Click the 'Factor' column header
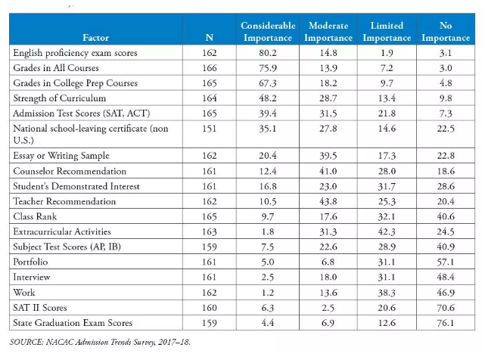[95, 38]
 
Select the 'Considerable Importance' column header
[268, 32]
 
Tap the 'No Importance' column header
[446, 32]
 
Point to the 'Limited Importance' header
[387, 32]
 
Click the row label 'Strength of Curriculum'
[59, 98]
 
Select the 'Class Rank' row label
[35, 216]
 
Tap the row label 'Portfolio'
[30, 262]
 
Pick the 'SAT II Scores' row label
[40, 308]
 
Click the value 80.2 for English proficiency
[268, 53]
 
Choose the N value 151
[210, 129]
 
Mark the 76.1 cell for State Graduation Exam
[446, 323]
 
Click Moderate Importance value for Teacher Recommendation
[328, 201]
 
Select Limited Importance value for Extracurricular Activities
[387, 231]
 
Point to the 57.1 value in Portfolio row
[446, 262]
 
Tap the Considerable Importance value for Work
[268, 293]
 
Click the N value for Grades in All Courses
[210, 68]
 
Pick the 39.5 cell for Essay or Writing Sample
[328, 156]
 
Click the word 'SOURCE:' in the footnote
[26, 342]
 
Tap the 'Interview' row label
[31, 277]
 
